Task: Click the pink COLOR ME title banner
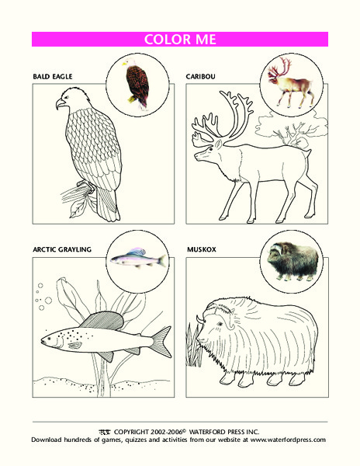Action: pyautogui.click(x=180, y=40)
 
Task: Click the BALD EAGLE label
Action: pyautogui.click(x=51, y=78)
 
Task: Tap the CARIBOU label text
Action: pyautogui.click(x=202, y=78)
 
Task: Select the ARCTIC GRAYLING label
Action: pyautogui.click(x=63, y=250)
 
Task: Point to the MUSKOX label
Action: pyautogui.click(x=202, y=250)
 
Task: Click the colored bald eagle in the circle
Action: pyautogui.click(x=137, y=83)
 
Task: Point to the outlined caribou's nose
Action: pyautogui.click(x=196, y=156)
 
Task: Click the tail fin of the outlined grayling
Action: pyautogui.click(x=161, y=340)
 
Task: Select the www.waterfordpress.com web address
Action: pyautogui.click(x=288, y=440)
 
